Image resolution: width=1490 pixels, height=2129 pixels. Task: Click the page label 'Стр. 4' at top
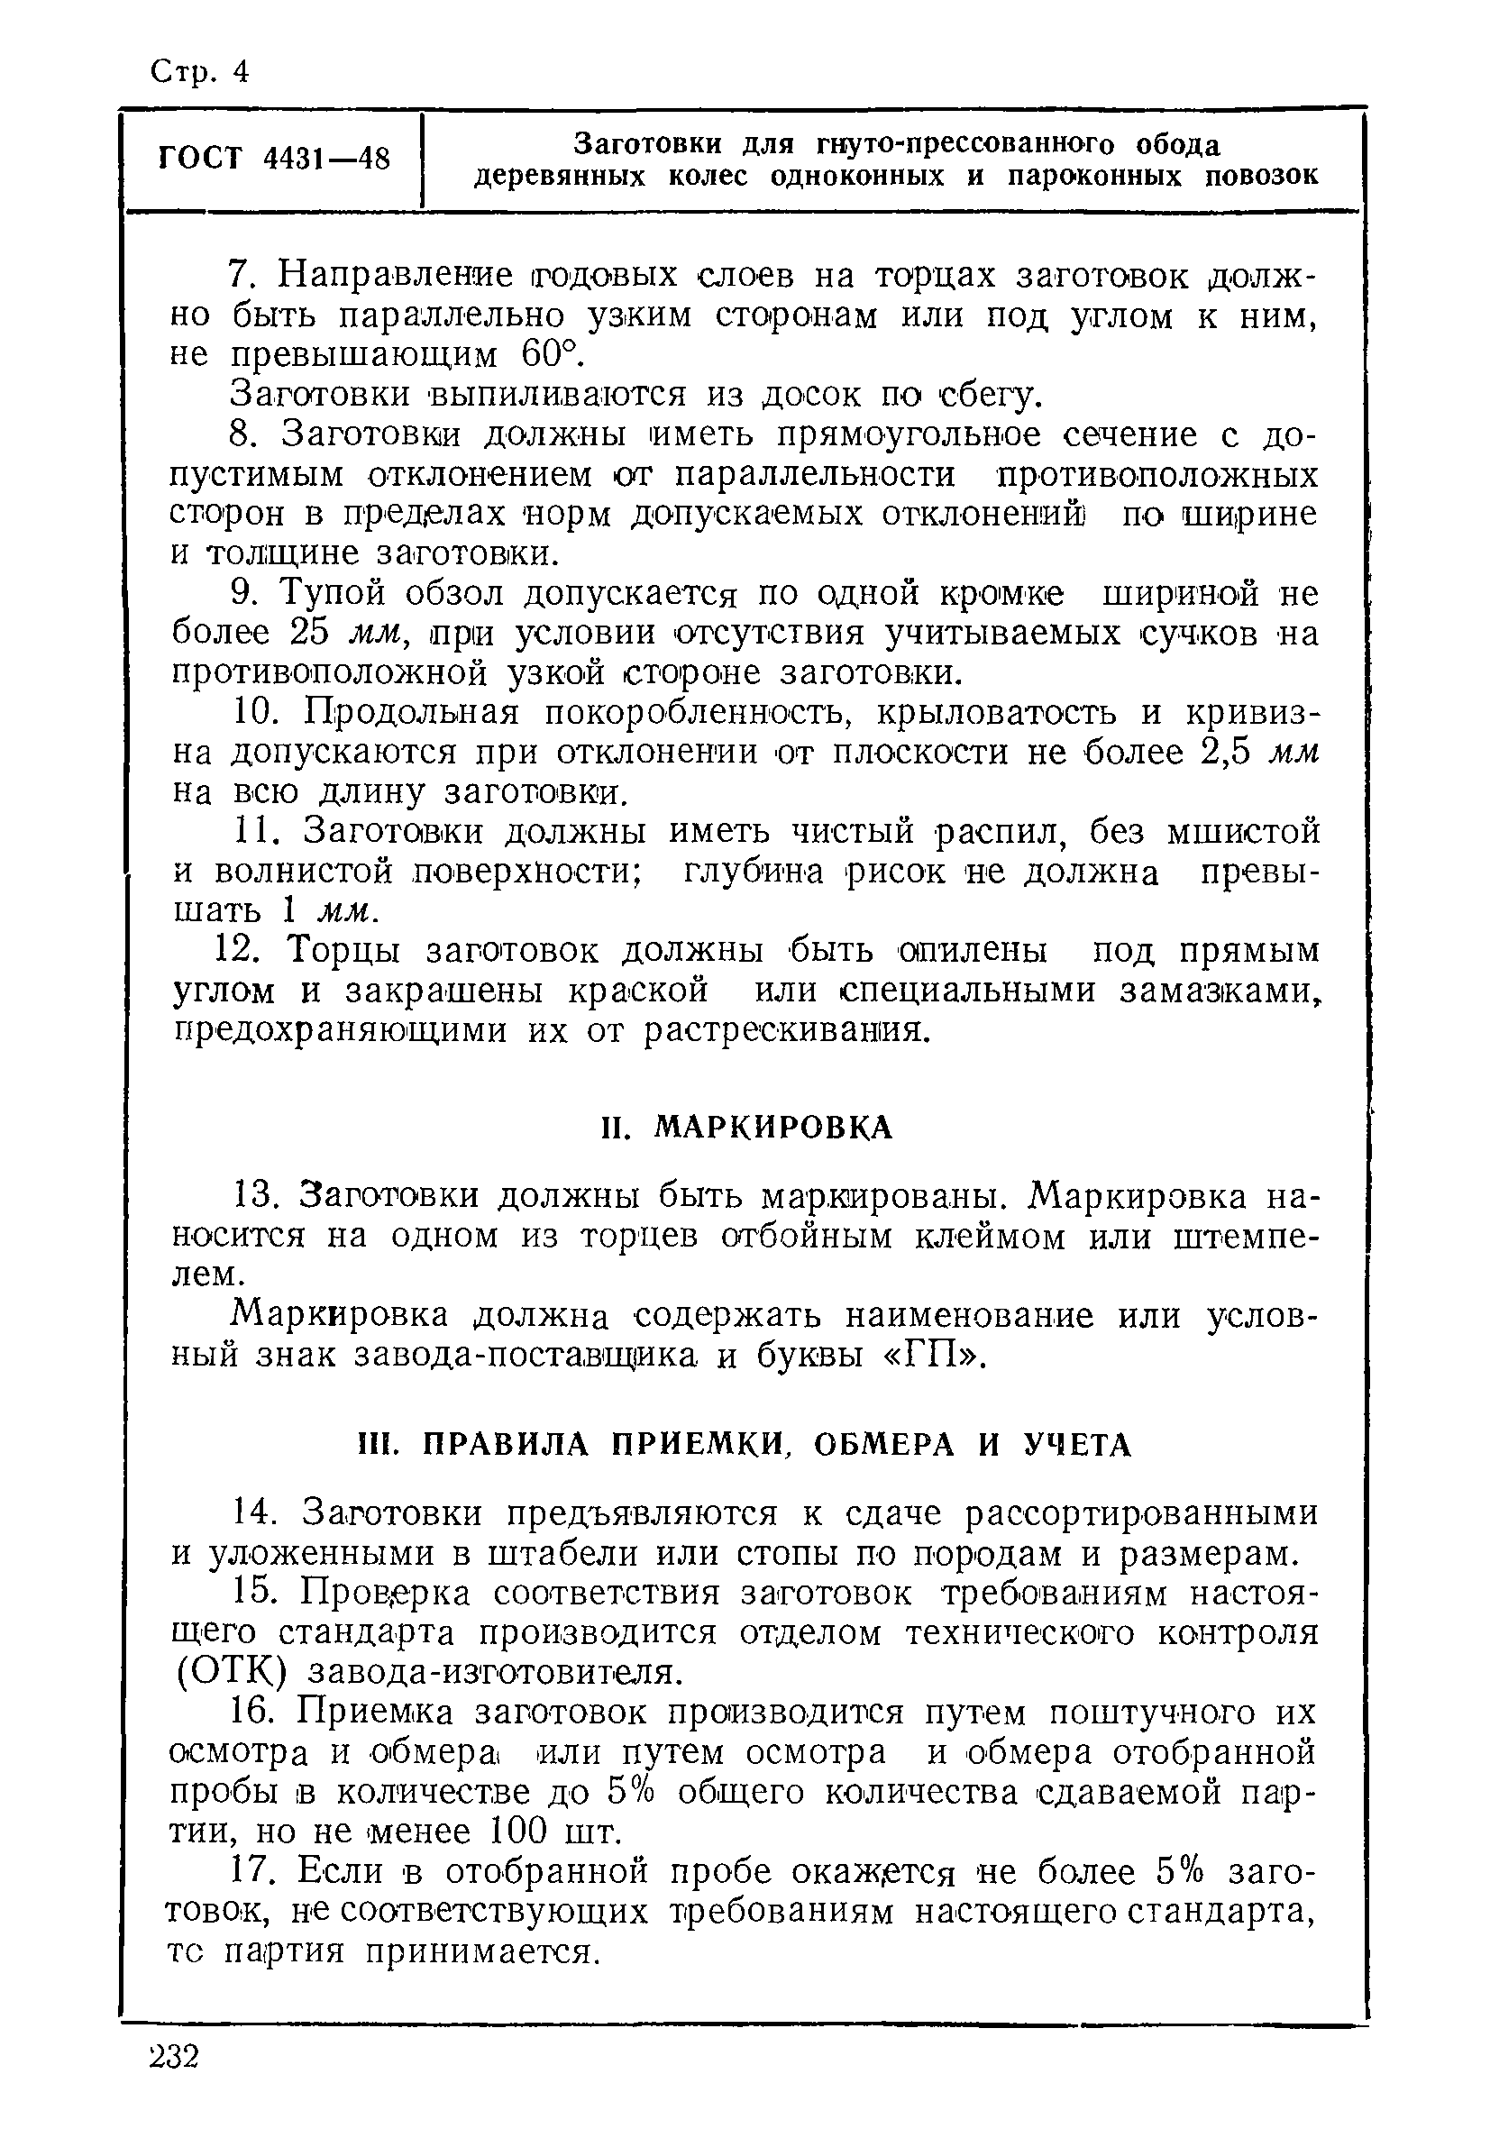(198, 71)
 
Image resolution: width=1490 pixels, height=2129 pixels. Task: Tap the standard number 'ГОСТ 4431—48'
(274, 159)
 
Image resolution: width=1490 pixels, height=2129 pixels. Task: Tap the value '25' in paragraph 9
(310, 633)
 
